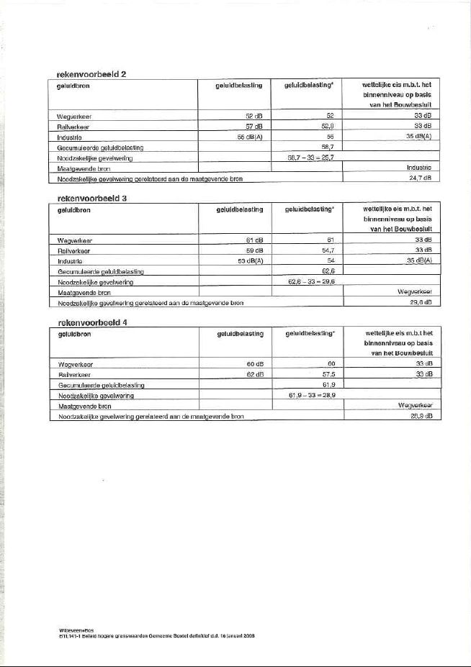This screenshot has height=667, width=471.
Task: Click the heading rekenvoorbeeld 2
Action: [91, 74]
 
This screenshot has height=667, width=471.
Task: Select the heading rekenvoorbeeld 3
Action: [91, 198]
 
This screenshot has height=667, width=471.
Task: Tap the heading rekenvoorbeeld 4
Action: [92, 322]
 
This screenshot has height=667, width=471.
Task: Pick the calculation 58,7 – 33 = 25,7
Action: [307, 156]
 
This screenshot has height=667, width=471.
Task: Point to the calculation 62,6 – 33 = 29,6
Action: [308, 281]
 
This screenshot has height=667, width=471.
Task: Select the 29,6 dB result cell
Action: [419, 302]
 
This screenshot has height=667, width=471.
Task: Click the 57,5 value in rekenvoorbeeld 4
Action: [328, 374]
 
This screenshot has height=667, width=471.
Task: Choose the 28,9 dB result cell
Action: [419, 416]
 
